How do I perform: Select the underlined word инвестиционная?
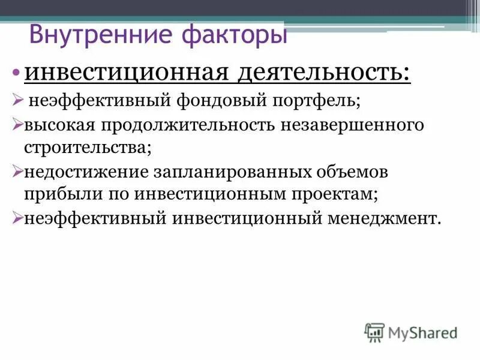123,74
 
